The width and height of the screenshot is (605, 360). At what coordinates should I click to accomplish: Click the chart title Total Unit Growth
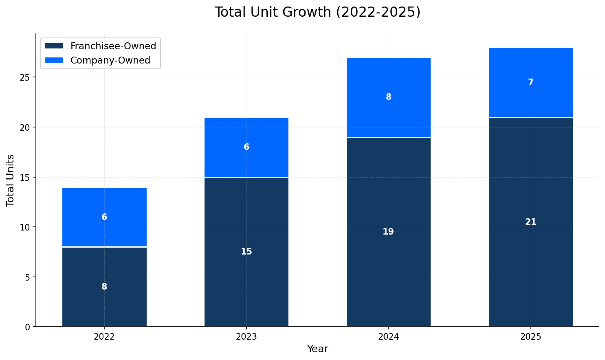[x=317, y=12]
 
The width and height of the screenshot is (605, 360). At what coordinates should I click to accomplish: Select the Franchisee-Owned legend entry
[x=113, y=46]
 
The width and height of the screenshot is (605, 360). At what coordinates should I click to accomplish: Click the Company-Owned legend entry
[x=110, y=60]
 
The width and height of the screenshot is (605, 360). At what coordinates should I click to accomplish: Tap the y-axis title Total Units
[x=11, y=180]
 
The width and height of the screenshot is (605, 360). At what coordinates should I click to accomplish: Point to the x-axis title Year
[x=317, y=349]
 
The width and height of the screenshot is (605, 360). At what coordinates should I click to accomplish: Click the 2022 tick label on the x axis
[x=104, y=337]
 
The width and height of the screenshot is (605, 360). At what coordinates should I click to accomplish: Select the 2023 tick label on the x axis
[x=246, y=337]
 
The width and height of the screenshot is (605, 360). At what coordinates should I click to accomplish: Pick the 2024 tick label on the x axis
[x=388, y=337]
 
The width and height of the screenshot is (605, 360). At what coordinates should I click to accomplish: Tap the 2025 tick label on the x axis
[x=530, y=337]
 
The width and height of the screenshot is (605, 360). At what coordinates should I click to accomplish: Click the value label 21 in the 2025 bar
[x=530, y=222]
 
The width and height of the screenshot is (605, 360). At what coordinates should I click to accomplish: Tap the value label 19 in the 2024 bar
[x=388, y=232]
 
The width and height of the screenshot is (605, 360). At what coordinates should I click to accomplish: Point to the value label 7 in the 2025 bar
[x=530, y=82]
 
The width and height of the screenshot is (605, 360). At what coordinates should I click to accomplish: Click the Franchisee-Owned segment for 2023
[x=246, y=277]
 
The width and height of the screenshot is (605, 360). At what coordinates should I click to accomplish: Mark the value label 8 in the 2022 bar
[x=104, y=287]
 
